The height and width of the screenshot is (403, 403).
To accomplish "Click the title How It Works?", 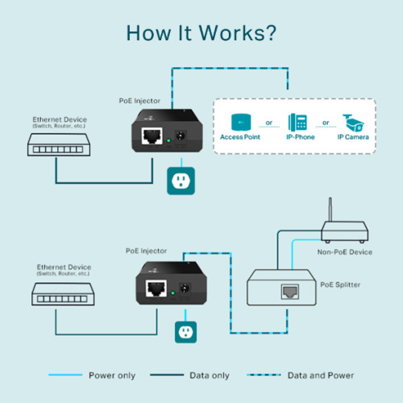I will click(201, 33).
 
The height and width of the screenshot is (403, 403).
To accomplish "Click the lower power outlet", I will click(187, 331).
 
